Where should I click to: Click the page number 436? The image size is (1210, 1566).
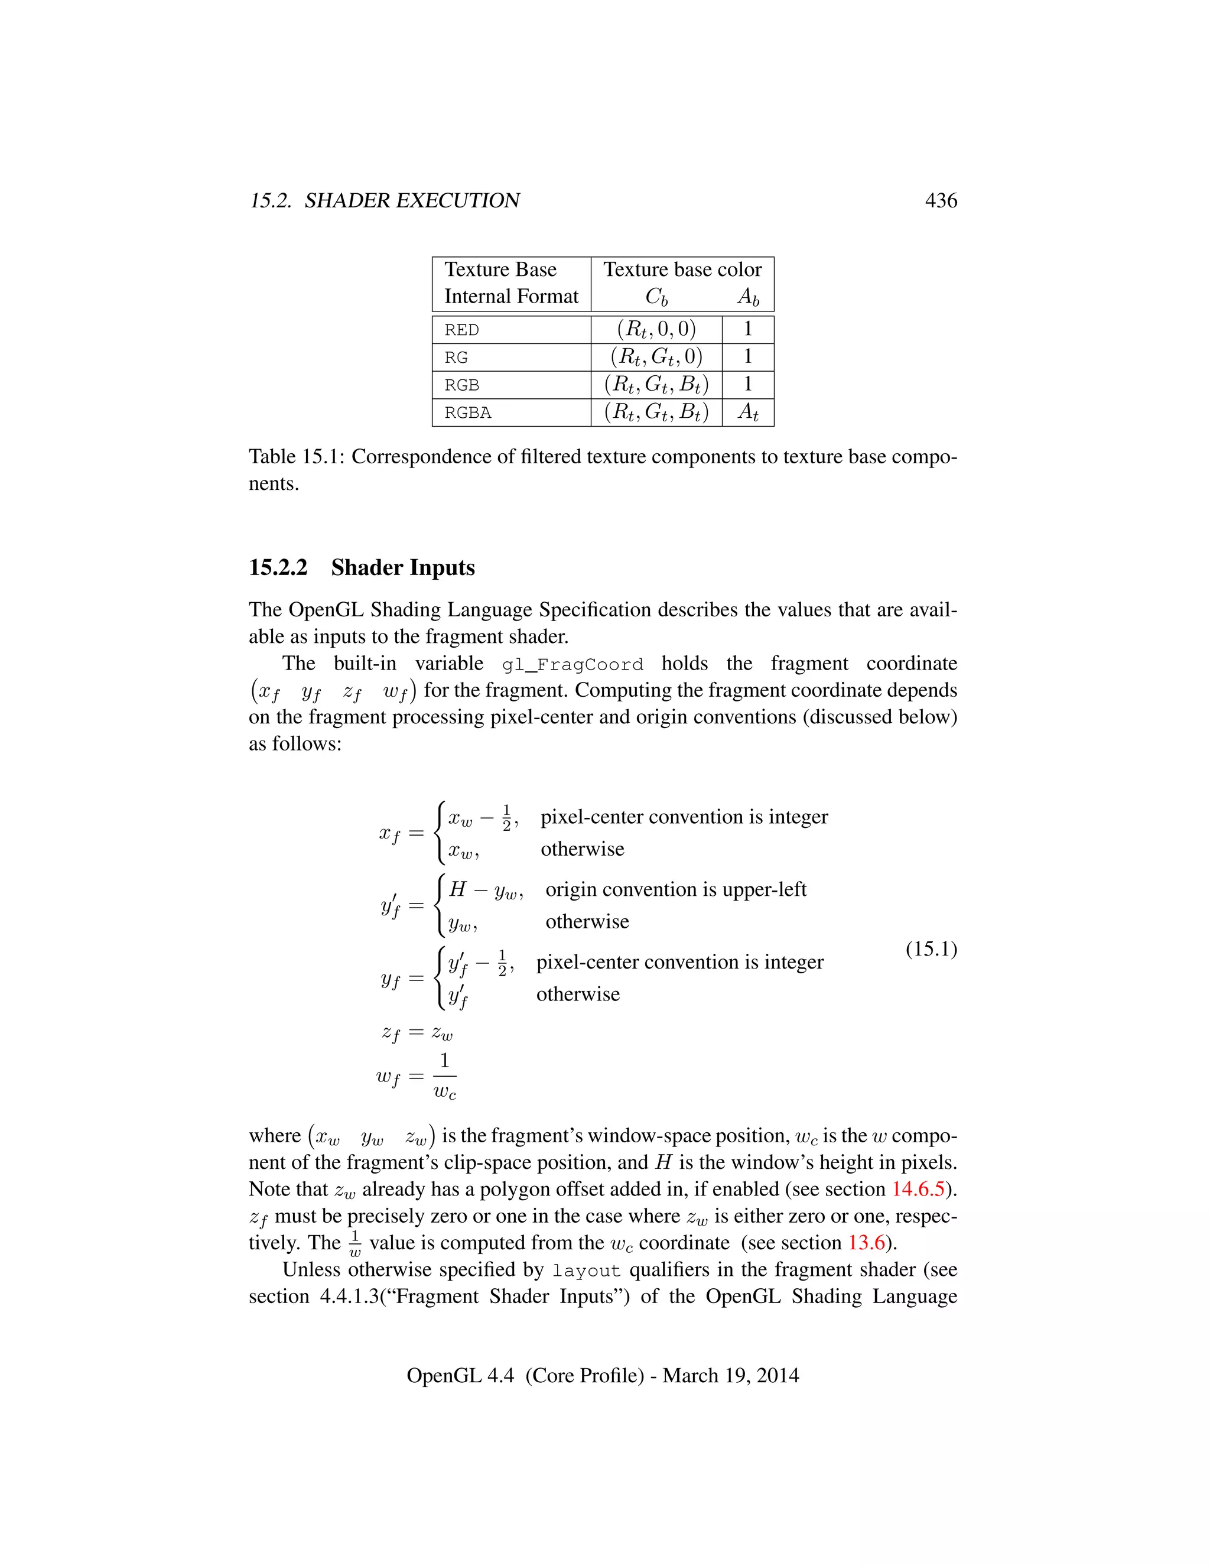pyautogui.click(x=941, y=200)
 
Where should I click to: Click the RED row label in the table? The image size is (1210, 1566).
pyautogui.click(x=461, y=330)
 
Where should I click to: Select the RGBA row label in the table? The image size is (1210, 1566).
pyautogui.click(x=468, y=413)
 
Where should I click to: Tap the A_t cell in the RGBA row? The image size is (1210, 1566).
pyautogui.click(x=747, y=412)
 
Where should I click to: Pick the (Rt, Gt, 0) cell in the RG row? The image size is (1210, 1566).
pyautogui.click(x=656, y=357)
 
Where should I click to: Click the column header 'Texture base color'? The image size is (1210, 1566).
pyautogui.click(x=682, y=269)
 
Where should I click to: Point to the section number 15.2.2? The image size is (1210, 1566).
pyautogui.click(x=278, y=567)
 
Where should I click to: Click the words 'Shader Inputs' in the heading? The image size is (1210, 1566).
pyautogui.click(x=403, y=567)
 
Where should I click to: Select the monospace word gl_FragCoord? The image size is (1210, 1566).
pyautogui.click(x=572, y=665)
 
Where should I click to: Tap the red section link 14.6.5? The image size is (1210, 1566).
pyautogui.click(x=918, y=1189)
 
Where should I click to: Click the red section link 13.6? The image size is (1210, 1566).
pyautogui.click(x=867, y=1243)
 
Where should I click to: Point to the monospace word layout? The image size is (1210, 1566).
pyautogui.click(x=586, y=1271)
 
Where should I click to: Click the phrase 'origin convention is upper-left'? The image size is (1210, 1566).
pyautogui.click(x=675, y=889)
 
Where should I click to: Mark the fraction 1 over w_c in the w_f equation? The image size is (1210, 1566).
pyautogui.click(x=444, y=1076)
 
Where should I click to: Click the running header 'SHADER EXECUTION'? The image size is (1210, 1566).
pyautogui.click(x=412, y=200)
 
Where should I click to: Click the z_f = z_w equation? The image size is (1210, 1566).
pyautogui.click(x=417, y=1032)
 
